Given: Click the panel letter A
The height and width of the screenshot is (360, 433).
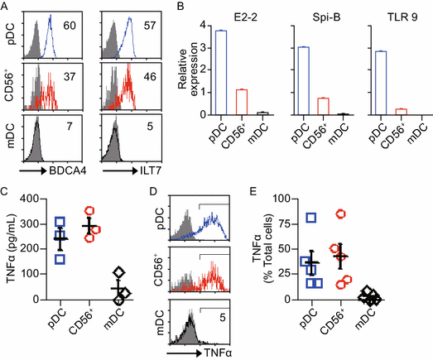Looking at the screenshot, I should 6,7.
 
